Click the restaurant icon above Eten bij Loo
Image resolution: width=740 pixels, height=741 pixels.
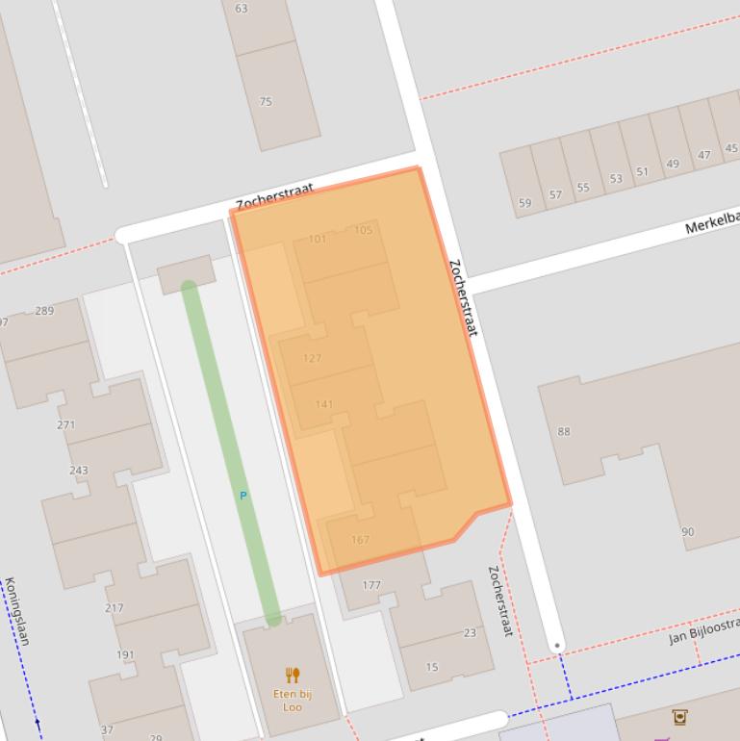(293, 676)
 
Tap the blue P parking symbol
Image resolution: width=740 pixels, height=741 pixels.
(243, 496)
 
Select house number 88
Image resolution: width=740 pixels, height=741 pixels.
(564, 431)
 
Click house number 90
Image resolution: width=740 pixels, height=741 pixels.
(687, 532)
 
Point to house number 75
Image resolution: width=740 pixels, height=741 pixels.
(266, 101)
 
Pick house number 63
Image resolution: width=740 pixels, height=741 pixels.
(241, 9)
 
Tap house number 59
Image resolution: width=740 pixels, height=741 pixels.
(524, 203)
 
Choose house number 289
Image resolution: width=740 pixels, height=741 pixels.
(44, 311)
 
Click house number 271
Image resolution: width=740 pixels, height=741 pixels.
(65, 424)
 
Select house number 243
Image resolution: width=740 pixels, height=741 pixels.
(78, 471)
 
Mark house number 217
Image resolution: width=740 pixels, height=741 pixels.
(114, 608)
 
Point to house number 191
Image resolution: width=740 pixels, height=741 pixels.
(125, 655)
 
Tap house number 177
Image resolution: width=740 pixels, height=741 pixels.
(371, 585)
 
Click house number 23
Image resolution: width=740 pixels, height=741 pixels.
(470, 633)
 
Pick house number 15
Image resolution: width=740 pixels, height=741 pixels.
(432, 667)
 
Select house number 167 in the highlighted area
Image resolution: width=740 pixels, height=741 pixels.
(360, 540)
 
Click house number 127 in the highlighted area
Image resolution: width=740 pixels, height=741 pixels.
(312, 358)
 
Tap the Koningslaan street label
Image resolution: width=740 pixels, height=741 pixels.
(15, 611)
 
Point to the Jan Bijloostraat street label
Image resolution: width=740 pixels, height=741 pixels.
(703, 632)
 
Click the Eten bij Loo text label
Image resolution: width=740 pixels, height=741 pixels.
(293, 700)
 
